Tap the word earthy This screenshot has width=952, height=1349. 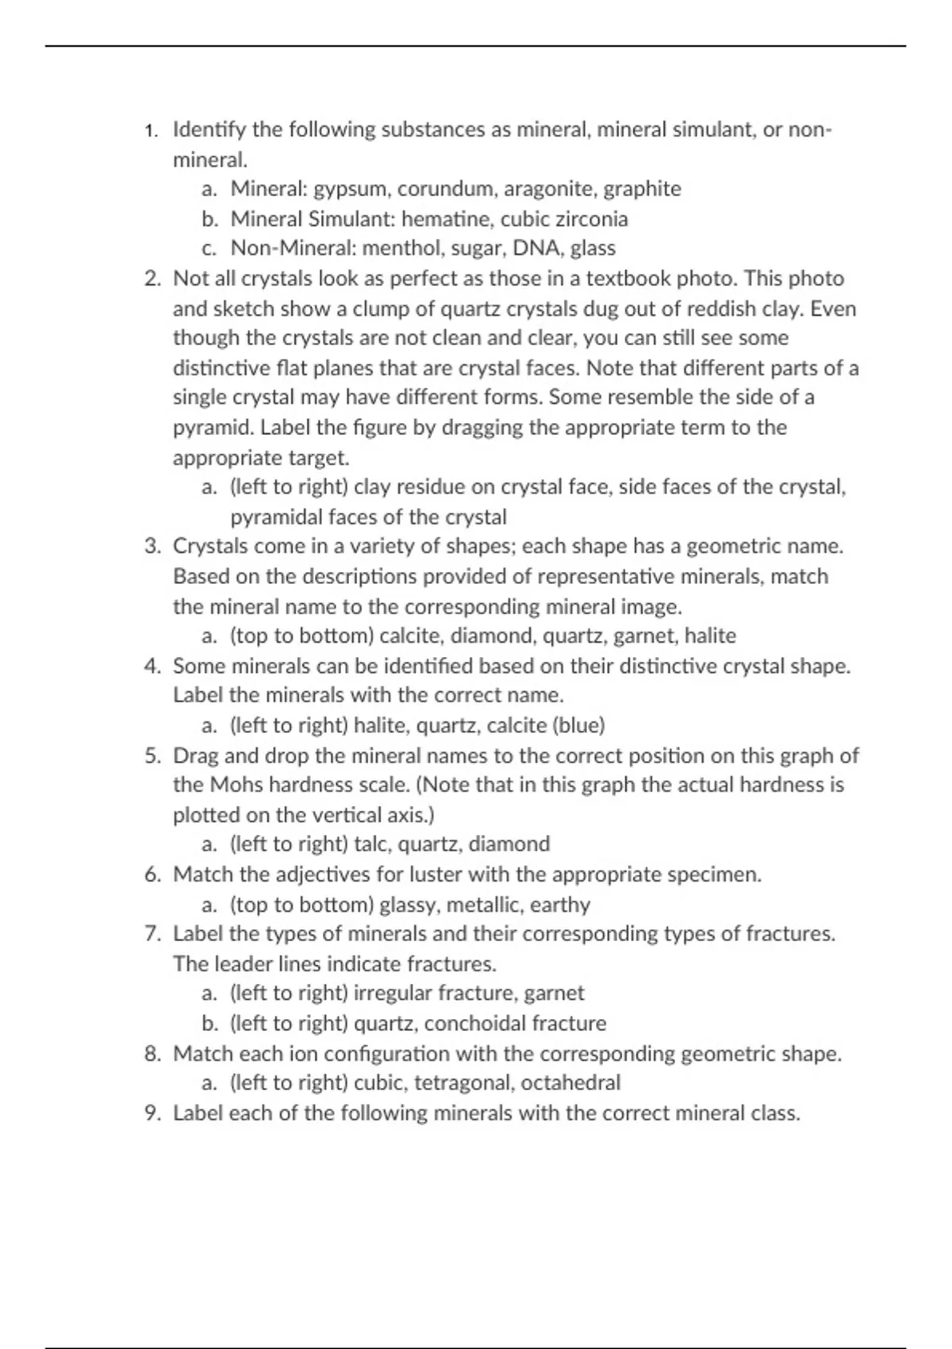pyautogui.click(x=560, y=905)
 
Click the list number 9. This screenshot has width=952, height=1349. pyautogui.click(x=152, y=1113)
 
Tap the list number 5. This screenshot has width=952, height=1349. pyautogui.click(x=152, y=755)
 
